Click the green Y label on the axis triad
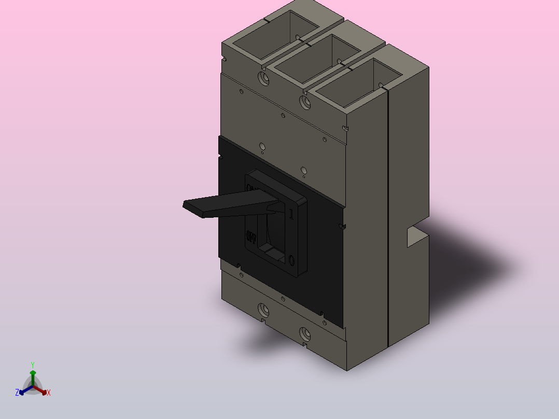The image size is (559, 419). tap(33, 365)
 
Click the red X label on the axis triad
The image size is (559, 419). tap(49, 393)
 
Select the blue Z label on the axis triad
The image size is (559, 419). tap(17, 393)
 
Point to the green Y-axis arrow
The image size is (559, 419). tap(33, 374)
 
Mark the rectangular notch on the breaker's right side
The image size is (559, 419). tap(415, 236)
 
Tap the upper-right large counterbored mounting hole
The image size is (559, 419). tap(306, 102)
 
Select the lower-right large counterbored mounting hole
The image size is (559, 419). tap(305, 333)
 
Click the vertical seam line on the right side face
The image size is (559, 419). tap(388, 218)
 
